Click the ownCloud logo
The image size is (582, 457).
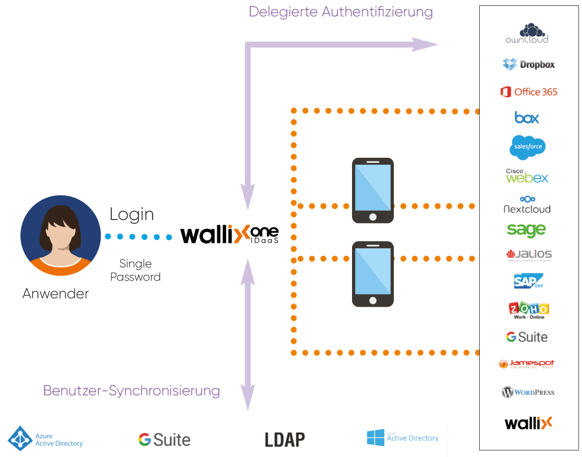(x=527, y=33)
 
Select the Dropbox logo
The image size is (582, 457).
(x=528, y=64)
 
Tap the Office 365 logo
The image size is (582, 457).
(x=528, y=92)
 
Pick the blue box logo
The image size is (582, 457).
(x=527, y=118)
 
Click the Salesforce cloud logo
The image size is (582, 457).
(x=527, y=147)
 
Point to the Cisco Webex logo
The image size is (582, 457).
(x=527, y=176)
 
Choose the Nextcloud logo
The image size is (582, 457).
(x=527, y=205)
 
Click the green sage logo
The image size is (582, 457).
(x=526, y=230)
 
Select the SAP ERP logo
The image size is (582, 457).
(x=528, y=281)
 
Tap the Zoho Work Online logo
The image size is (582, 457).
(x=528, y=310)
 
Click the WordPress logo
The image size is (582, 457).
(x=528, y=392)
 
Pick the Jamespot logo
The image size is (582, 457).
(x=527, y=364)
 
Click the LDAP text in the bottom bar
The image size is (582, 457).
(x=285, y=439)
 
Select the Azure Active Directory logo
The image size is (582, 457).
(x=45, y=439)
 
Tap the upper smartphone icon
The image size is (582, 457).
(x=372, y=191)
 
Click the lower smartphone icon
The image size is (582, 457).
(x=372, y=274)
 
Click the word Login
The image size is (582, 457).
(x=132, y=214)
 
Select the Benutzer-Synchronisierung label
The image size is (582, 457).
(x=132, y=390)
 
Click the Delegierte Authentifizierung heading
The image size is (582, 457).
(x=341, y=11)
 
